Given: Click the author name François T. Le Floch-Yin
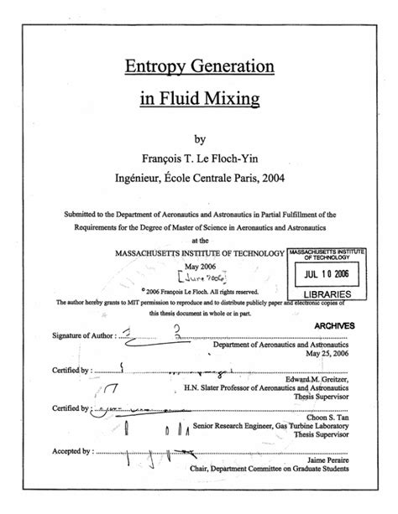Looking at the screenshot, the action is [x=199, y=158].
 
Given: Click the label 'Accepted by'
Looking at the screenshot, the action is [x=71, y=449].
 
